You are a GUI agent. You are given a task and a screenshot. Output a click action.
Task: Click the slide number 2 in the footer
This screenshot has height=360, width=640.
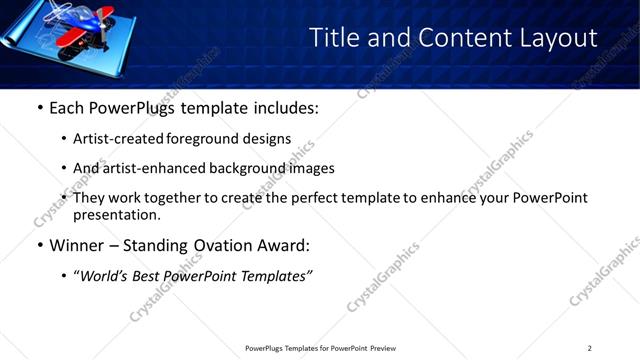coord(589,348)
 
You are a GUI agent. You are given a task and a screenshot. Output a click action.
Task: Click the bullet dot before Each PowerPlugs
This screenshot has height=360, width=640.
coord(39,107)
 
